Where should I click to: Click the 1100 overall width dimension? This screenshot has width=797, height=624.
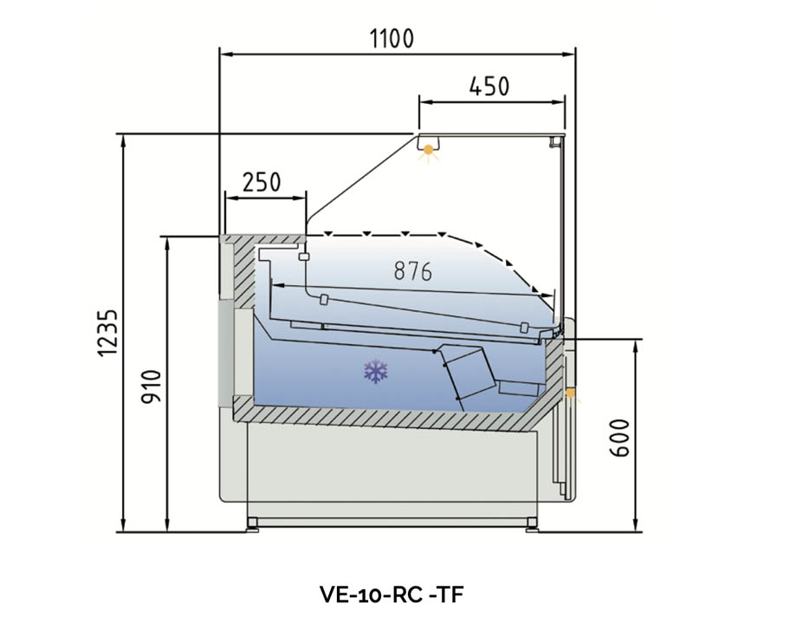point(392,38)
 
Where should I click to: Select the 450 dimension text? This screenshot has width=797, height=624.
point(489,86)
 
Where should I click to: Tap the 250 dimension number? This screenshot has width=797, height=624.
point(261,182)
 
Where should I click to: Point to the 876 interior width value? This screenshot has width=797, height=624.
point(412,271)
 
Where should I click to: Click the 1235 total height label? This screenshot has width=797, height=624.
point(107,333)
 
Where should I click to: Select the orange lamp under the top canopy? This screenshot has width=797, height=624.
point(427,151)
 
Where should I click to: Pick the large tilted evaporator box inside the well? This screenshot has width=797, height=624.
point(468,372)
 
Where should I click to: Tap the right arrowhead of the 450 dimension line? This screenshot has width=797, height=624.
point(563,101)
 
